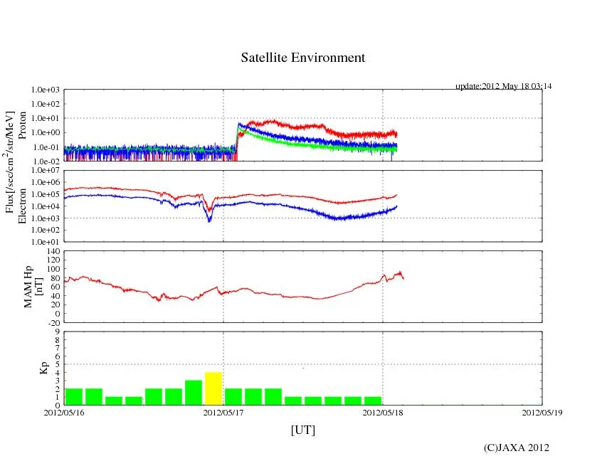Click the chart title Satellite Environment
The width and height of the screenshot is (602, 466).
[x=302, y=58]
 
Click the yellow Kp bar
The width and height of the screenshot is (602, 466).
[x=213, y=388]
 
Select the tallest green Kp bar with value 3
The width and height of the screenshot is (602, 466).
[x=194, y=393]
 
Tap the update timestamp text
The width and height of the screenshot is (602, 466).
[x=503, y=86]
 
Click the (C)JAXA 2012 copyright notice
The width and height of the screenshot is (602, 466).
[x=516, y=448]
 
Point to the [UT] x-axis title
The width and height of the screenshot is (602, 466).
[x=302, y=430]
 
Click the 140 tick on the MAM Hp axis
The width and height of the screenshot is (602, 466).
[x=53, y=251]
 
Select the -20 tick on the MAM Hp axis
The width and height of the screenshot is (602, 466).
[x=53, y=322]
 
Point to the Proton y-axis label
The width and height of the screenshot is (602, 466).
[x=23, y=125]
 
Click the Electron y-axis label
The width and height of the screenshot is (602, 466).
[x=23, y=206]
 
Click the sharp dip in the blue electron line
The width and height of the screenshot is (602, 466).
[x=209, y=220]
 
